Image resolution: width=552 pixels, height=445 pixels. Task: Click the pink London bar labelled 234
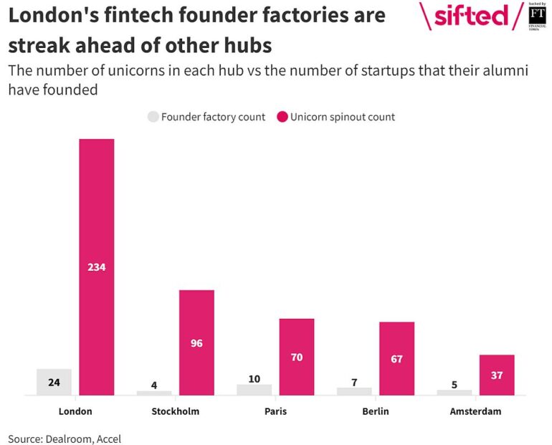pos(96,267)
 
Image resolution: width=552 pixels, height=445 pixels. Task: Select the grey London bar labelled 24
pos(54,382)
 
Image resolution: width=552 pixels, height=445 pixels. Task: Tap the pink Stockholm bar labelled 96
pos(196,343)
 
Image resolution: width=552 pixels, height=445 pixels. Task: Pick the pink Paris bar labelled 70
pos(297,356)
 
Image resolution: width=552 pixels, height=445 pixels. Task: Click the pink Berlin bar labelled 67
pos(396,358)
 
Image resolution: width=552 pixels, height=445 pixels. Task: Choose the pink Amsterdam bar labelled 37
pos(497,375)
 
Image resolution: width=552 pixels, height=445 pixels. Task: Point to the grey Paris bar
pos(254,390)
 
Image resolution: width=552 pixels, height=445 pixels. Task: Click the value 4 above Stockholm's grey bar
pos(154,385)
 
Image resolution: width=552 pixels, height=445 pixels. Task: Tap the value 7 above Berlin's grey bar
pos(354,382)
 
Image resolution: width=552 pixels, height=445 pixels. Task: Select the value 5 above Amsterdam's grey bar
pos(455,384)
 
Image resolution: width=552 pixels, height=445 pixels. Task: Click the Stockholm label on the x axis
pos(176,412)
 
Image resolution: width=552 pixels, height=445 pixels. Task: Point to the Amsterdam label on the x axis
pos(475,412)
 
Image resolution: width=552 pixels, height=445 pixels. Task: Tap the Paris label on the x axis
pos(275,412)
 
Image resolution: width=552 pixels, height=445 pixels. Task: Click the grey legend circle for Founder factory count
pos(153,117)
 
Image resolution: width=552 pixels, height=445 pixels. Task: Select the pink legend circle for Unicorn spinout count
pos(281,117)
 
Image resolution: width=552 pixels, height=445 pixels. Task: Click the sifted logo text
pos(470,16)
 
